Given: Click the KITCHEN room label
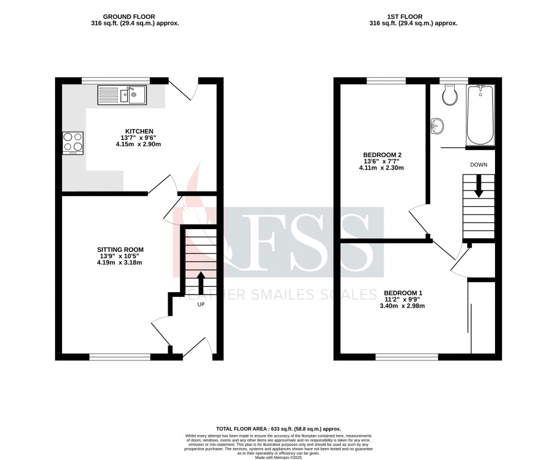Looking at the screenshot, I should pyautogui.click(x=140, y=131).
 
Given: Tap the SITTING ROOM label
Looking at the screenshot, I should pyautogui.click(x=120, y=249).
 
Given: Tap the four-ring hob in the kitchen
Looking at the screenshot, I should pyautogui.click(x=73, y=143).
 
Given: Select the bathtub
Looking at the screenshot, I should pyautogui.click(x=480, y=115).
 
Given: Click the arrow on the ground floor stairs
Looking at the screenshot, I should pyautogui.click(x=201, y=281).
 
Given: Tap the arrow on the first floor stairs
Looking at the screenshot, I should pyautogui.click(x=479, y=185).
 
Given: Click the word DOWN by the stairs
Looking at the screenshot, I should pyautogui.click(x=478, y=165).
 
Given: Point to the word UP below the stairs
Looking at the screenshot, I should pyautogui.click(x=201, y=304).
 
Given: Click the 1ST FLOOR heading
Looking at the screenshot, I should pyautogui.click(x=413, y=17).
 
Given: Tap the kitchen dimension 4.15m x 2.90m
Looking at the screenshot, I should pyautogui.click(x=140, y=144).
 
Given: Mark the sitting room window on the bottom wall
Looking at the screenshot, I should pyautogui.click(x=120, y=357).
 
